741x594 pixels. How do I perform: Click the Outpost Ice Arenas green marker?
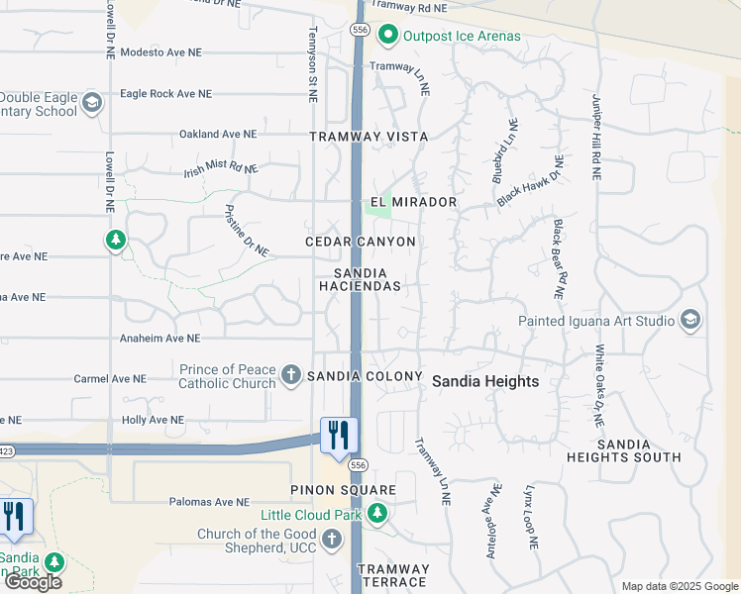click(388, 37)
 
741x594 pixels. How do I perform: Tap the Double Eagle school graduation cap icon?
click(92, 103)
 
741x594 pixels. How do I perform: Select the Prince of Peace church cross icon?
click(290, 374)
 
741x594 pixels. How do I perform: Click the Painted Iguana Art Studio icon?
click(690, 320)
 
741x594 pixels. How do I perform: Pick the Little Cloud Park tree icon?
click(376, 514)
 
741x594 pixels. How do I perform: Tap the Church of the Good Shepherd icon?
click(331, 541)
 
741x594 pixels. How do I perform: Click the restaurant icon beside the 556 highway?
click(339, 435)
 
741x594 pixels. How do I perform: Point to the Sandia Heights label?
click(485, 381)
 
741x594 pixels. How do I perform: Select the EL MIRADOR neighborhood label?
click(413, 202)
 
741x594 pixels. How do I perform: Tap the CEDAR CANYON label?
click(360, 242)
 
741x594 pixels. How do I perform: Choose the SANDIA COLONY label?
click(366, 377)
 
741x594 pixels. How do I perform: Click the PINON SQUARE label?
click(343, 490)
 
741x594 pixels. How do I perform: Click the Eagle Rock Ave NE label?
click(165, 94)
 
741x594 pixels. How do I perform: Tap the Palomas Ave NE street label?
click(208, 502)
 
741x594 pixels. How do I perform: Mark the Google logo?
click(34, 582)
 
